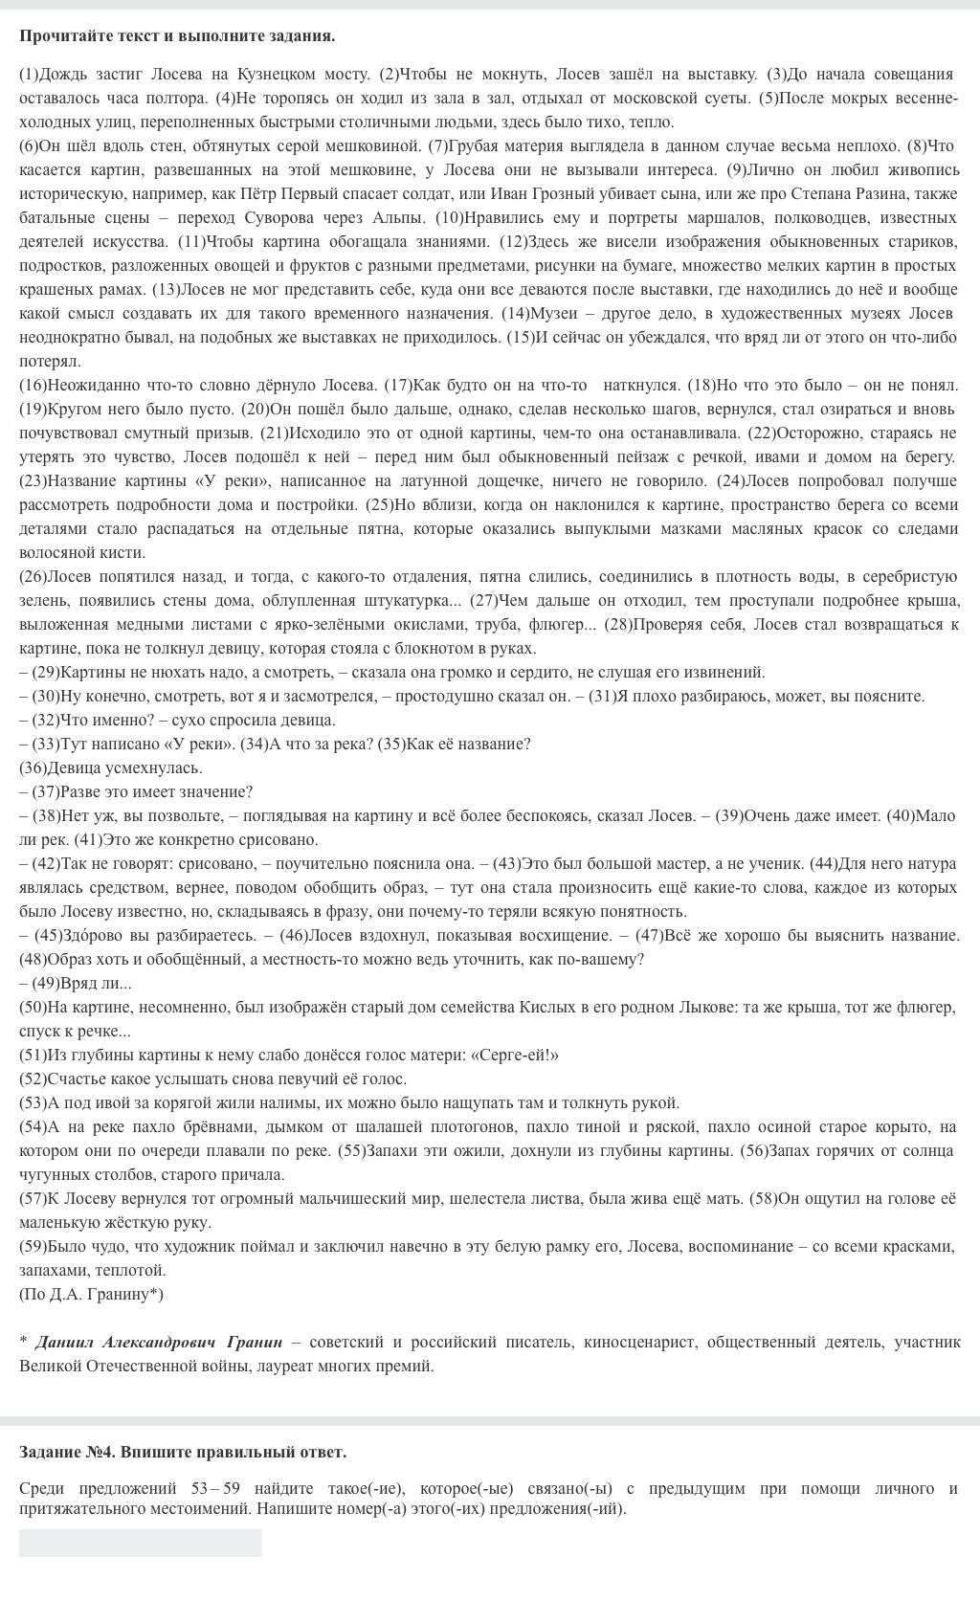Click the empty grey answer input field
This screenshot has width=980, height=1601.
point(141,1543)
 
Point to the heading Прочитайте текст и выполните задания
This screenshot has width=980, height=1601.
point(177,36)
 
